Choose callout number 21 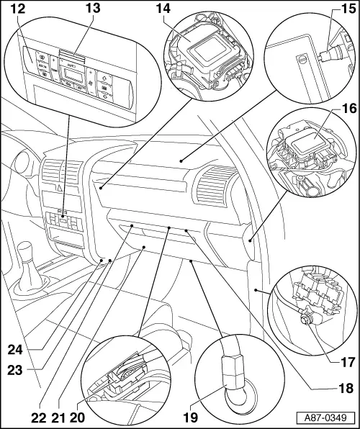(x=60, y=415)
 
